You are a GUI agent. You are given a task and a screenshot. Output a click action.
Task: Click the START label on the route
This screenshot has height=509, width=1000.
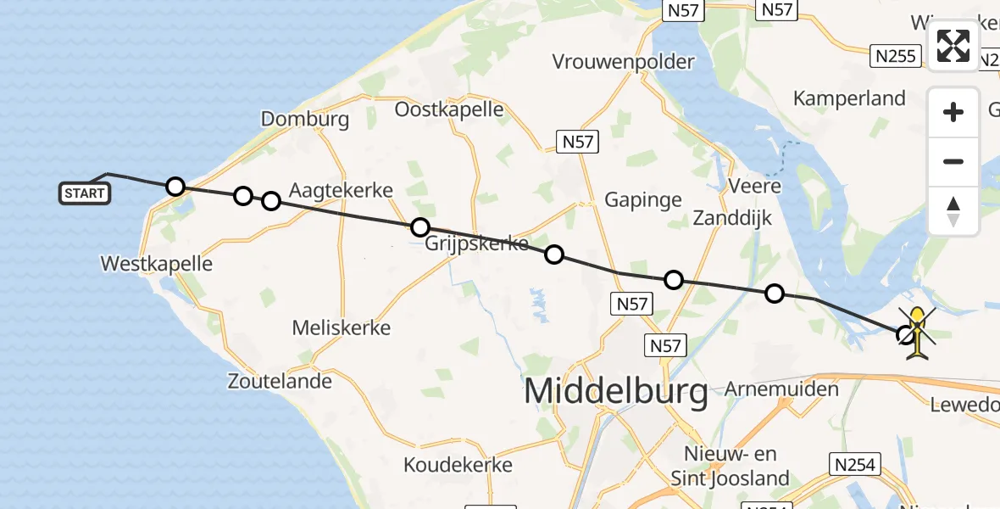[x=85, y=193]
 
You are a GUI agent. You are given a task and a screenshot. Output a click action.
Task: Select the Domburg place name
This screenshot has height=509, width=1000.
[x=305, y=120]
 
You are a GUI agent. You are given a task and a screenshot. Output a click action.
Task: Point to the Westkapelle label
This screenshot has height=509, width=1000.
[x=156, y=264]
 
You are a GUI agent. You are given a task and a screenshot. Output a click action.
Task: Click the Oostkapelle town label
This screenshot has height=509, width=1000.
[x=449, y=109]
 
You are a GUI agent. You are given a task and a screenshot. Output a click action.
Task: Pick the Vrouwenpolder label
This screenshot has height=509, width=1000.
[x=623, y=62]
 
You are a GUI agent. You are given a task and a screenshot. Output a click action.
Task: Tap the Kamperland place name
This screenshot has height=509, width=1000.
[x=849, y=98]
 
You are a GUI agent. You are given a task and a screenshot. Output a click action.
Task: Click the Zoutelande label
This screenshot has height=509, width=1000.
[x=280, y=381]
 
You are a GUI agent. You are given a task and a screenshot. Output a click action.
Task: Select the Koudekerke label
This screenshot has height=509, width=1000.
[x=458, y=465]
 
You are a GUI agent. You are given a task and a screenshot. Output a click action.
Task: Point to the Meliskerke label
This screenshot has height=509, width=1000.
[x=341, y=327]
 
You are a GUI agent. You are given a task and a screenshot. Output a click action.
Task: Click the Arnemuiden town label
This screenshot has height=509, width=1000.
[x=782, y=390]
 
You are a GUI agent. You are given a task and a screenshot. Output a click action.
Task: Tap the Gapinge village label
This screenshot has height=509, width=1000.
[x=643, y=200]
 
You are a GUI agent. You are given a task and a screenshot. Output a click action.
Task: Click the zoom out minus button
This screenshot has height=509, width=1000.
[x=953, y=161]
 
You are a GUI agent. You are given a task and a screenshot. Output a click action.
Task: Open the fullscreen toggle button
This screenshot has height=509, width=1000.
[x=953, y=46]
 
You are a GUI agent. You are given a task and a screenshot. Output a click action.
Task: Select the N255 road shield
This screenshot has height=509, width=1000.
[x=896, y=57]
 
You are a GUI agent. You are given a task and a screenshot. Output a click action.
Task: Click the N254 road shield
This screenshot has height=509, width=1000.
[x=855, y=464]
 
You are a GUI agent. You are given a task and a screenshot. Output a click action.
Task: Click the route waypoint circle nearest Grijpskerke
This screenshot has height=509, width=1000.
[x=419, y=227]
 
